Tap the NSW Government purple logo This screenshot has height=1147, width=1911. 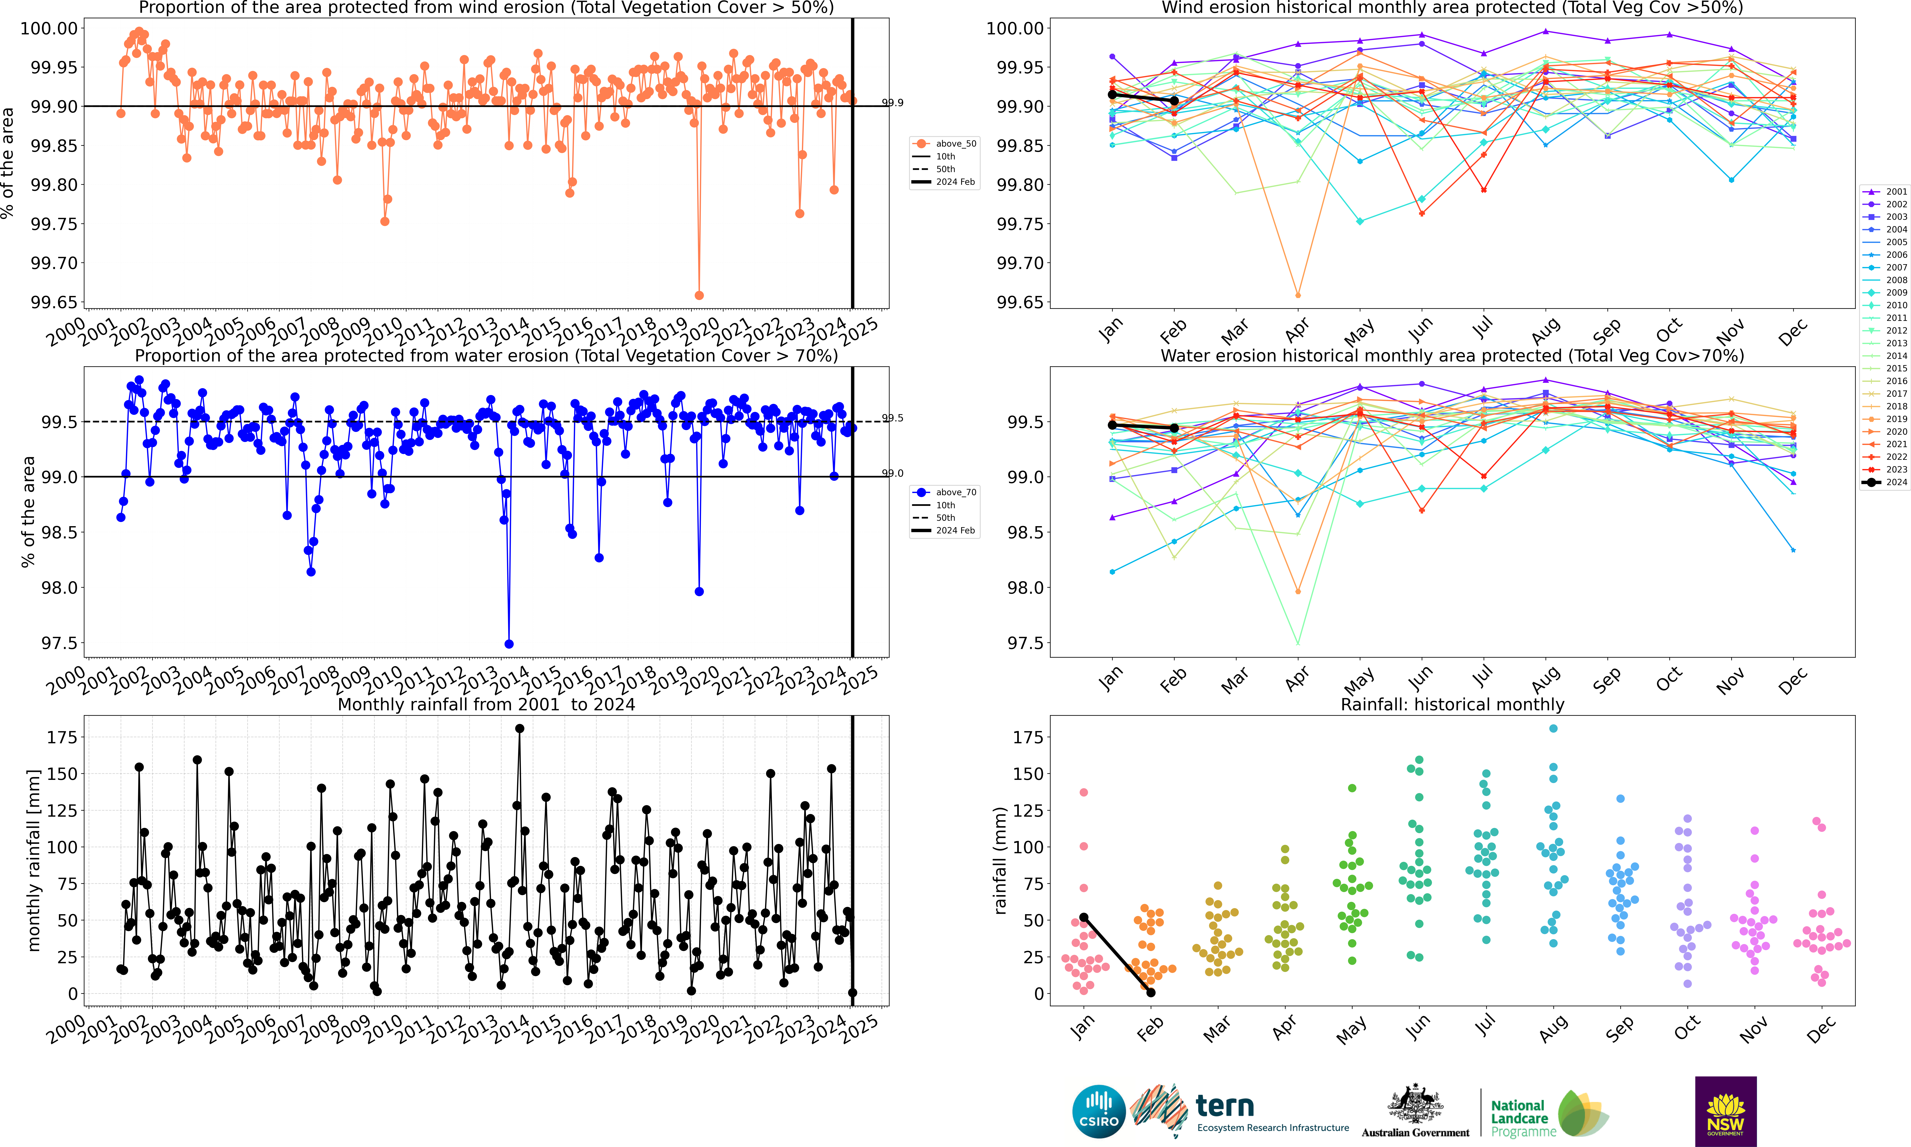coord(1725,1111)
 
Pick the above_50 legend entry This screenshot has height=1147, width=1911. coord(944,144)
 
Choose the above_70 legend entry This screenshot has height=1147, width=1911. coord(944,492)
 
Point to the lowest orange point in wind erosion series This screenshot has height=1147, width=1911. coord(699,295)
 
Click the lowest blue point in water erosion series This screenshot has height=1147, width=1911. coord(508,644)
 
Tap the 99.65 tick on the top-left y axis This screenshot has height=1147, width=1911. coord(54,302)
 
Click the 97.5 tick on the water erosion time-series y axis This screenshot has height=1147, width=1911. coord(60,643)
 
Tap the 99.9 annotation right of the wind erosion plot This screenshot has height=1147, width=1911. coord(893,103)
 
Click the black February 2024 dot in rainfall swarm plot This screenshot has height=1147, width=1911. coord(1151,992)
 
